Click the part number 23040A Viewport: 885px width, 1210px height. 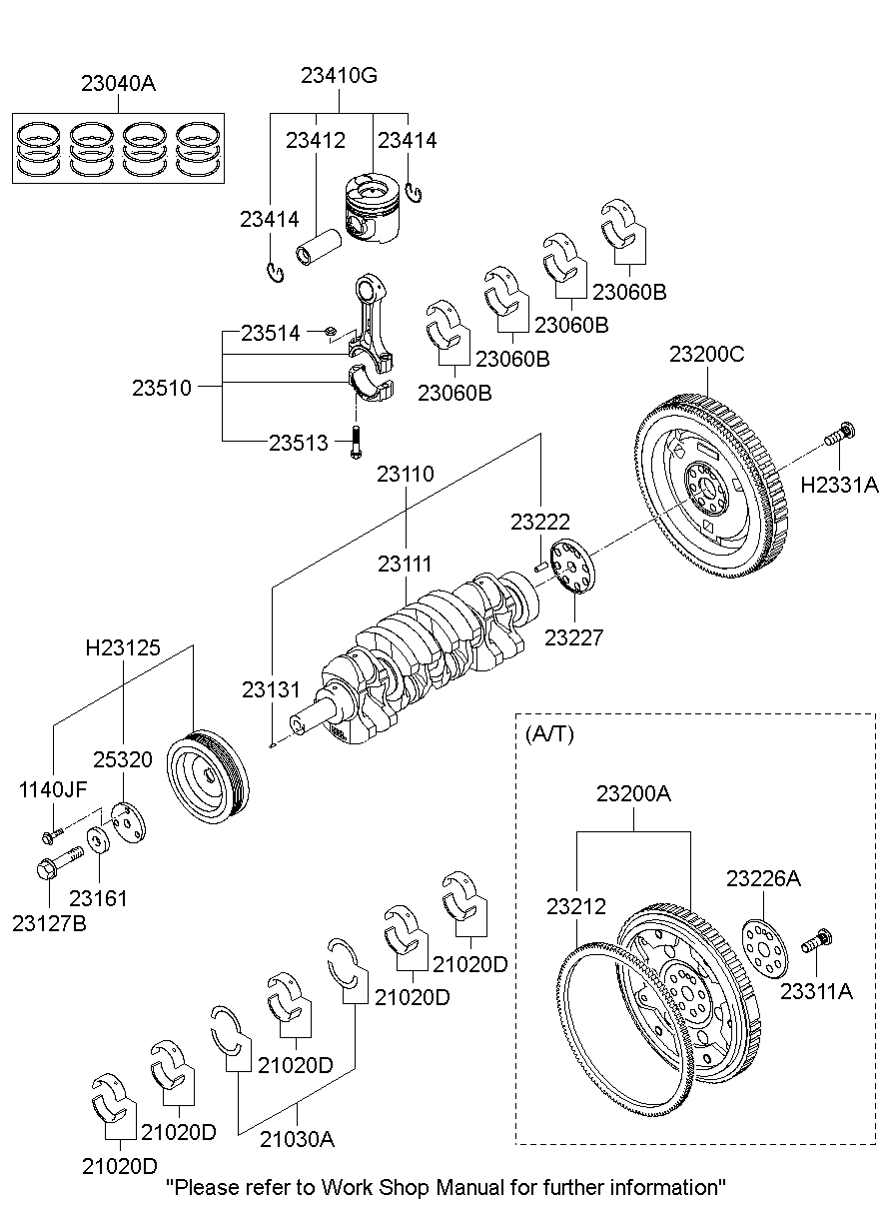[118, 84]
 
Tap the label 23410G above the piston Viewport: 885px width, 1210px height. [339, 76]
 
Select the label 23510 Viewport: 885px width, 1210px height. [161, 388]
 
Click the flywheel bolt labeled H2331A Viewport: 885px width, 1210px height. [840, 436]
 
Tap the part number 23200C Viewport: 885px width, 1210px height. [707, 354]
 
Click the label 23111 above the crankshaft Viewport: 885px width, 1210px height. [405, 565]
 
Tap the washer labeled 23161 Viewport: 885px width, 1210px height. [99, 840]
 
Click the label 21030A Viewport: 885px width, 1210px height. [298, 1138]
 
